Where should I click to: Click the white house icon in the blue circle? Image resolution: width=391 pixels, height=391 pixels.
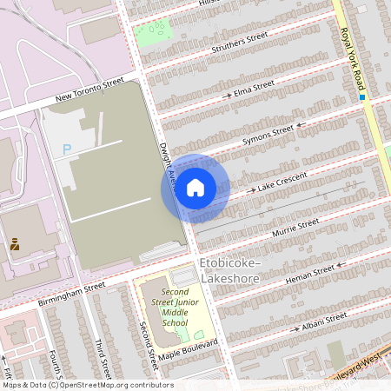click(195, 188)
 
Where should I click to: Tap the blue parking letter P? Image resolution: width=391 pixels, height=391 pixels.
click(67, 149)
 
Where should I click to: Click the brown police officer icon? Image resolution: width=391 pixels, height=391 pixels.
click(15, 245)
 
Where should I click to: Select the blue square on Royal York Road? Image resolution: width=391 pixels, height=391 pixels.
click(361, 97)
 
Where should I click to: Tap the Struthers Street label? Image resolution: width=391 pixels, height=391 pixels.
click(239, 43)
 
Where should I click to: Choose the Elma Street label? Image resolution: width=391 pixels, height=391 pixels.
click(253, 88)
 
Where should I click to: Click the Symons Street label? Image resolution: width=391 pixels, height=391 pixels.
click(268, 133)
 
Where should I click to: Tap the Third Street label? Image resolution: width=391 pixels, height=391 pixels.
click(101, 358)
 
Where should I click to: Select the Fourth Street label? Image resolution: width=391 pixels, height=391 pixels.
click(56, 365)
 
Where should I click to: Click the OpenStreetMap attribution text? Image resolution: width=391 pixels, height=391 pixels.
click(87, 385)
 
